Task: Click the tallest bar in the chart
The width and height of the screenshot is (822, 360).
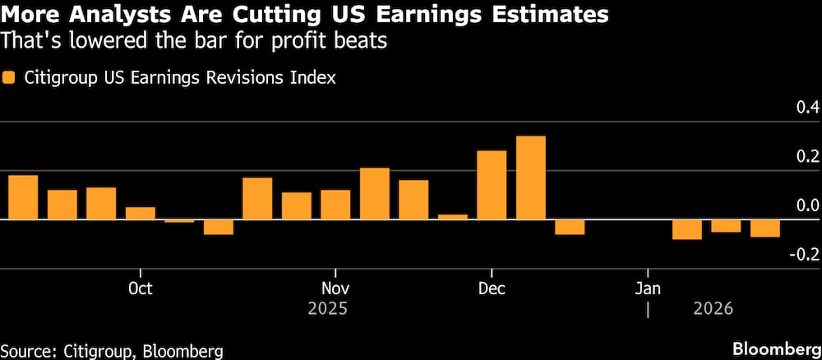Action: point(530,178)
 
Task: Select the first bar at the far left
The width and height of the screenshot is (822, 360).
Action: point(23,197)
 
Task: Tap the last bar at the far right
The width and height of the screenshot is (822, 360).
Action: point(764,228)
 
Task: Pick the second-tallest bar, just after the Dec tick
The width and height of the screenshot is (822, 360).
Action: point(492,185)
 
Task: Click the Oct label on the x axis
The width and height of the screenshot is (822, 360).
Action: point(141,288)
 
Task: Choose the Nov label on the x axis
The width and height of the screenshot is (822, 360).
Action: point(335,288)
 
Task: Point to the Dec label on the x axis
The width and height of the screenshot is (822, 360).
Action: point(491,288)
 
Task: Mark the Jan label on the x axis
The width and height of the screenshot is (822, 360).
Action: point(648,288)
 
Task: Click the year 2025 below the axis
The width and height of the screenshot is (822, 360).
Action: point(328,310)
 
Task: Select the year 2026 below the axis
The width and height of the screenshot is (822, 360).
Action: point(712,310)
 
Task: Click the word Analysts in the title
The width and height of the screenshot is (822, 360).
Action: point(122,14)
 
